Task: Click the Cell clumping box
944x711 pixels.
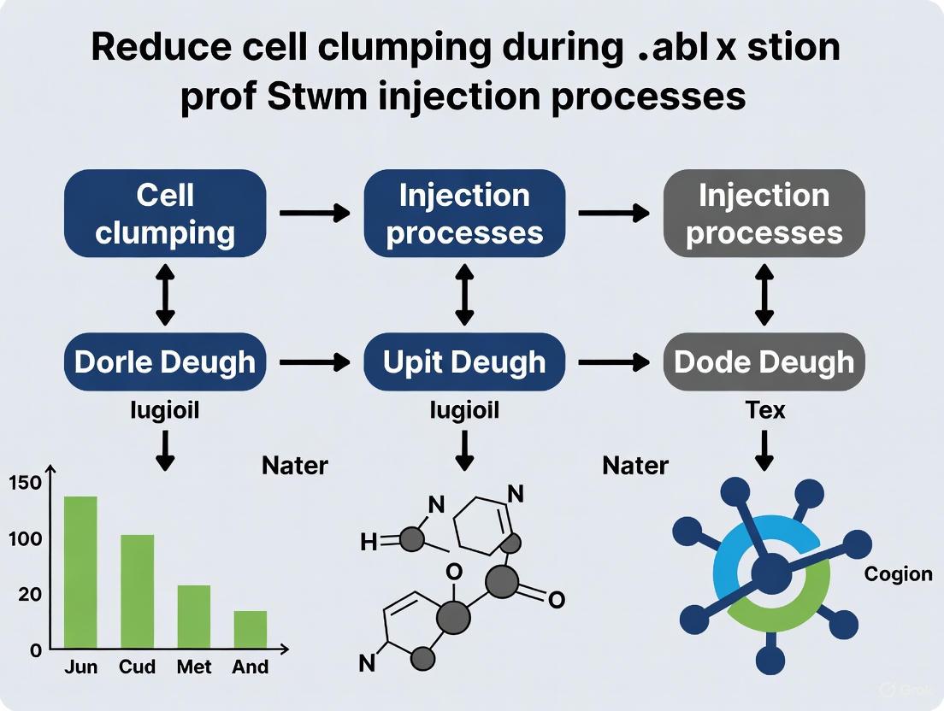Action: point(165,214)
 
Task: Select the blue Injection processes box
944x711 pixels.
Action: point(464,214)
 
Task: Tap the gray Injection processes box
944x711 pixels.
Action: point(764,214)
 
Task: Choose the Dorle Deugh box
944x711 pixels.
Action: point(165,361)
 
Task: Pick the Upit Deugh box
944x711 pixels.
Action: point(464,361)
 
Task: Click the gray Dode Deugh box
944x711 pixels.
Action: point(764,361)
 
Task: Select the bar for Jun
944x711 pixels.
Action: point(80,572)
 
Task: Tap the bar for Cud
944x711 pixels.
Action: point(137,591)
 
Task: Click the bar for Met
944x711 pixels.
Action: point(194,616)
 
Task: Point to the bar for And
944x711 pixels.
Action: point(251,629)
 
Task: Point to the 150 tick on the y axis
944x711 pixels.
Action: point(25,483)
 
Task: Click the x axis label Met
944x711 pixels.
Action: point(194,667)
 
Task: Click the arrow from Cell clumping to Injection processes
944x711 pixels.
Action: point(315,212)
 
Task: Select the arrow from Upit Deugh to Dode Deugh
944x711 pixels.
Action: point(614,362)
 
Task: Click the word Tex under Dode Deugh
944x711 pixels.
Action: point(764,410)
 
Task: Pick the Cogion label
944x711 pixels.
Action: point(898,573)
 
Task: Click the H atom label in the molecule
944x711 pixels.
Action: point(369,542)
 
